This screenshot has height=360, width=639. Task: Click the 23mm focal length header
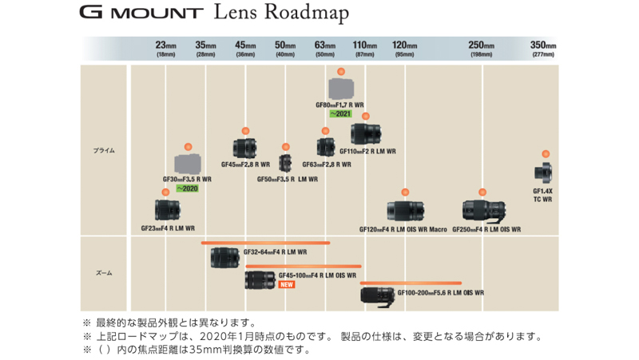166,48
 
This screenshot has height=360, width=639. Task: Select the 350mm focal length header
543,48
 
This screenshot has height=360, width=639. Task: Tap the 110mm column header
365,48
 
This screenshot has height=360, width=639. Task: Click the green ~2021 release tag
341,114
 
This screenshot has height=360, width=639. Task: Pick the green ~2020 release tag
187,188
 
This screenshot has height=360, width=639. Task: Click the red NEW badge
286,284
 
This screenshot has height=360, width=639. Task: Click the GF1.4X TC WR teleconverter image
545,172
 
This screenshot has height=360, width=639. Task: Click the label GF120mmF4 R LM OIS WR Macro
403,229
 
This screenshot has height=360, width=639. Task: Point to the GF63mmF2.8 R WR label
326,164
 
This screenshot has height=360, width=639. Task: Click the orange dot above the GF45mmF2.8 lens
245,129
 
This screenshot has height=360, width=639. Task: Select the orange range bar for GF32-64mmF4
265,241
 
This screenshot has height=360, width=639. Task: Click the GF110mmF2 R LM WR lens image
366,133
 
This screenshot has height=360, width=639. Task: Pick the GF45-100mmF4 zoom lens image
260,279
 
